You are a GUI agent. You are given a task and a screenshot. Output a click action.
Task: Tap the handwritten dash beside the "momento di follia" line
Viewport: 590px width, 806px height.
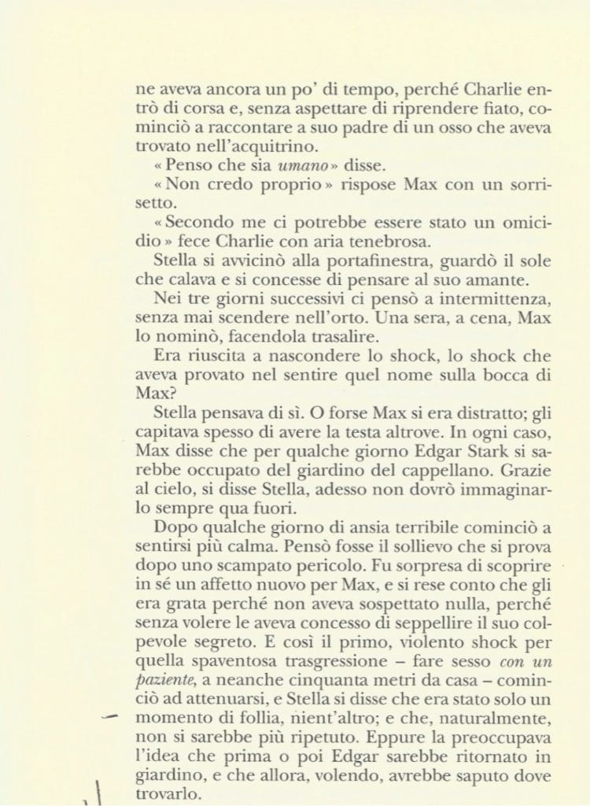(x=109, y=715)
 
